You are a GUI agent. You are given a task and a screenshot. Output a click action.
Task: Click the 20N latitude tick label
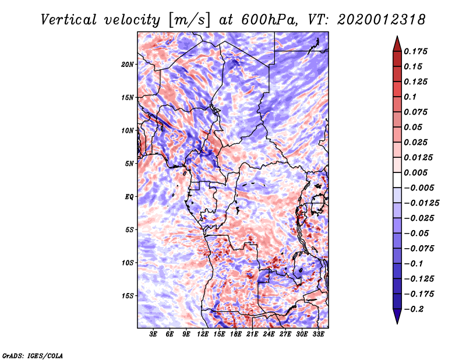pyautogui.click(x=128, y=64)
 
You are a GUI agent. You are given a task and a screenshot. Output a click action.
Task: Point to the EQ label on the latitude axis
pyautogui.click(x=129, y=196)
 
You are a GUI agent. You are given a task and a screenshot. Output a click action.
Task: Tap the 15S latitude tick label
pyautogui.click(x=128, y=295)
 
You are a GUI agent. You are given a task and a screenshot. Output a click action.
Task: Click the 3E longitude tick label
pyautogui.click(x=154, y=335)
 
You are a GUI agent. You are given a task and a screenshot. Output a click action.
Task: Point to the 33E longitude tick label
pyautogui.click(x=318, y=335)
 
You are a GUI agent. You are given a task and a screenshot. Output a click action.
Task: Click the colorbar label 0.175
pyautogui.click(x=417, y=51)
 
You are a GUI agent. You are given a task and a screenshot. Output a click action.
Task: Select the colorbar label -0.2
pyautogui.click(x=415, y=309)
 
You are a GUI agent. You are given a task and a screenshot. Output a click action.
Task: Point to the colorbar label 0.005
pyautogui.click(x=417, y=172)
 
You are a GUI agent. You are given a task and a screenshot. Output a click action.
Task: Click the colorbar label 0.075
pyautogui.click(x=417, y=112)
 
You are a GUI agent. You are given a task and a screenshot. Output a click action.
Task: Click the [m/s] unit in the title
pyautogui.click(x=189, y=20)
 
